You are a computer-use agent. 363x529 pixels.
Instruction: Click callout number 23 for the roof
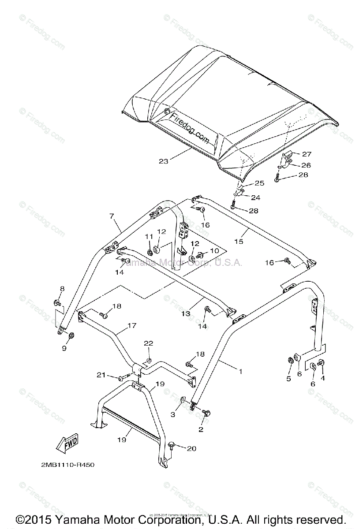(x=164, y=161)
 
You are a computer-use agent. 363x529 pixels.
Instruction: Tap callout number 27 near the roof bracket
(x=307, y=154)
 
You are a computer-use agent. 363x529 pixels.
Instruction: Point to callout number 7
(x=112, y=216)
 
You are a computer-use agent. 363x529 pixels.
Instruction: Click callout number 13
(x=186, y=313)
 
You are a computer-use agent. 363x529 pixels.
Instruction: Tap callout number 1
(x=241, y=372)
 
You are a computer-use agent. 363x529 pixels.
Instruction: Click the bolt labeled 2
(x=206, y=413)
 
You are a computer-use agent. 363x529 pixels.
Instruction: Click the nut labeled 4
(x=321, y=362)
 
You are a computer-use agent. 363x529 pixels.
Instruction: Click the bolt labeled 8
(x=58, y=302)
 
